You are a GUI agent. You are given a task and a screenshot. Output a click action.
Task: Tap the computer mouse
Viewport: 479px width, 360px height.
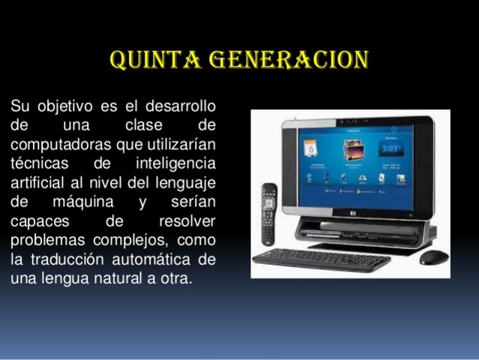pyautogui.click(x=434, y=257)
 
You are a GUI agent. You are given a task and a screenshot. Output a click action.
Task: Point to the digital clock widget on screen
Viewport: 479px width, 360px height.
pyautogui.click(x=391, y=148)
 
